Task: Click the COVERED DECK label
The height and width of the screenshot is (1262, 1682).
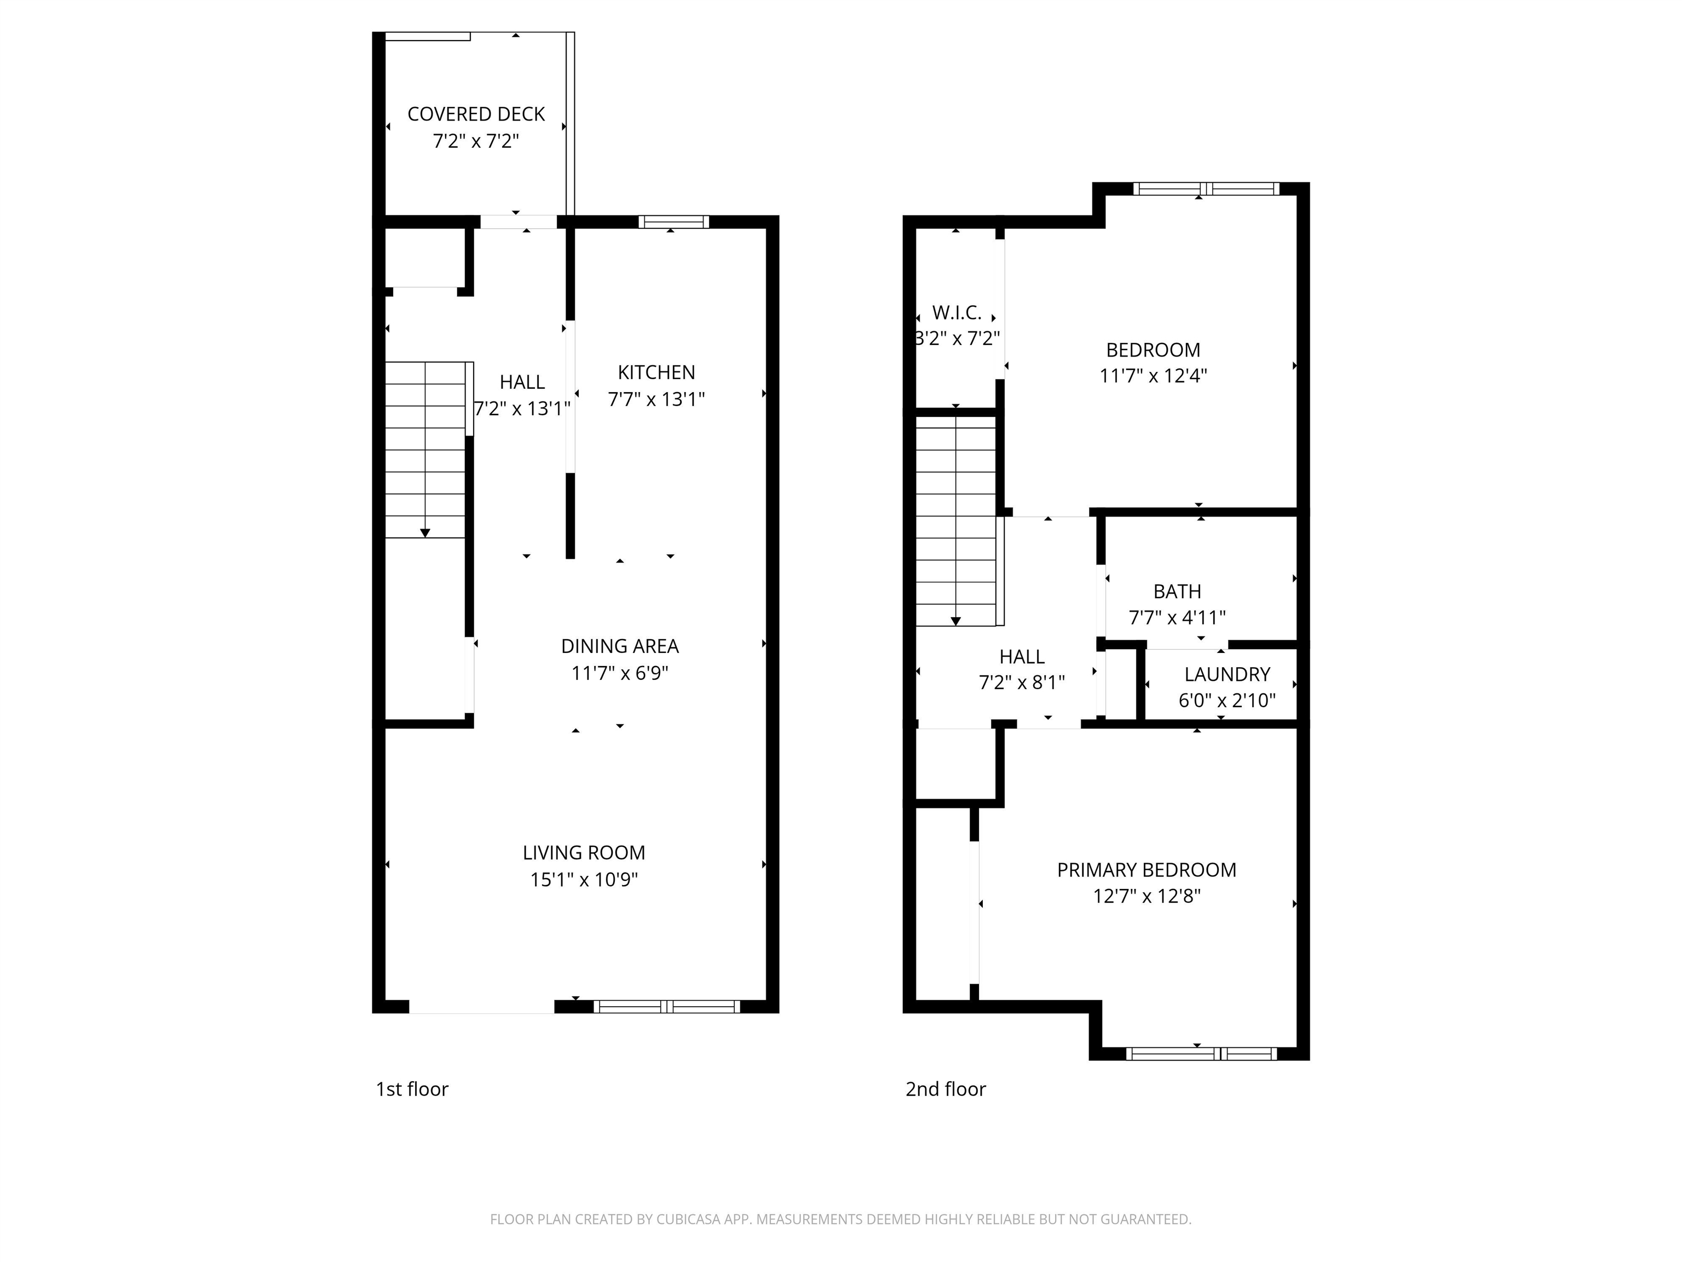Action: pos(476,114)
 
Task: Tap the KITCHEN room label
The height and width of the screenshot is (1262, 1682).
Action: pos(656,373)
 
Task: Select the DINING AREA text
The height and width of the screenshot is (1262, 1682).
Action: pos(620,646)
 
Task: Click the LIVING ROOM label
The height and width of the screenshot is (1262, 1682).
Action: pos(584,853)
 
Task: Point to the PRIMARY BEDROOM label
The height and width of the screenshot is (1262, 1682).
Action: pos(1147,870)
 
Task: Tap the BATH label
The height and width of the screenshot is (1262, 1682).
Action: pos(1177,592)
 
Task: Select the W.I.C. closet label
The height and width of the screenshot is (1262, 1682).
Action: pos(957,313)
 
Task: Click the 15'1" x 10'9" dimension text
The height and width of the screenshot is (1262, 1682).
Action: pos(584,879)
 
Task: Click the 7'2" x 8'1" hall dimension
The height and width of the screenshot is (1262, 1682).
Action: pos(1022,683)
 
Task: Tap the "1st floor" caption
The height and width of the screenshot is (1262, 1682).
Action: pos(412,1089)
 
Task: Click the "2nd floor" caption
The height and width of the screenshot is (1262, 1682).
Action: pos(945,1089)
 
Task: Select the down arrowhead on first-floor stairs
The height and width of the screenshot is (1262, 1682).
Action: pos(425,534)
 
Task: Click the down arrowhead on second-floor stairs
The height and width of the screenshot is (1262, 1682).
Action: pos(956,622)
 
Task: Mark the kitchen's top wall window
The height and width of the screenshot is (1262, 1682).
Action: pos(673,222)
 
